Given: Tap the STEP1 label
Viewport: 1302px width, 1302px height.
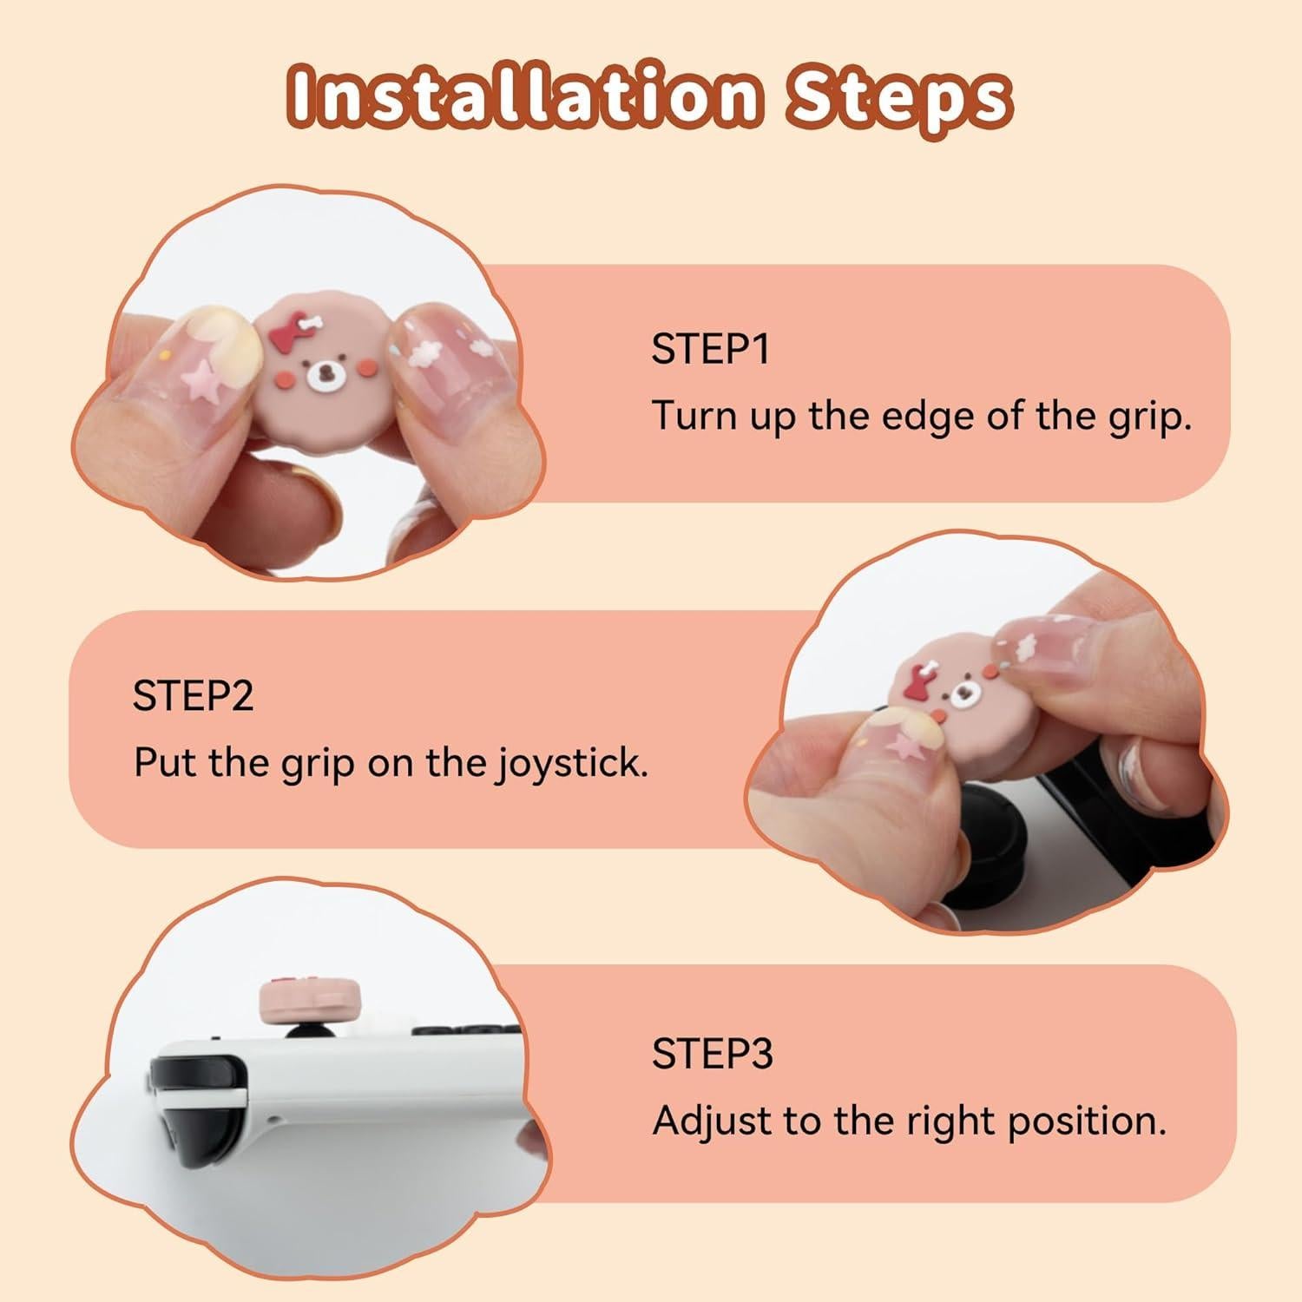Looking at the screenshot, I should tap(710, 349).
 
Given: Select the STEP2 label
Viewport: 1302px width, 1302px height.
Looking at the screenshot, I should tap(193, 696).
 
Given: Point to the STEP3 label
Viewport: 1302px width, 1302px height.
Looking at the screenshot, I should tap(712, 1054).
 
